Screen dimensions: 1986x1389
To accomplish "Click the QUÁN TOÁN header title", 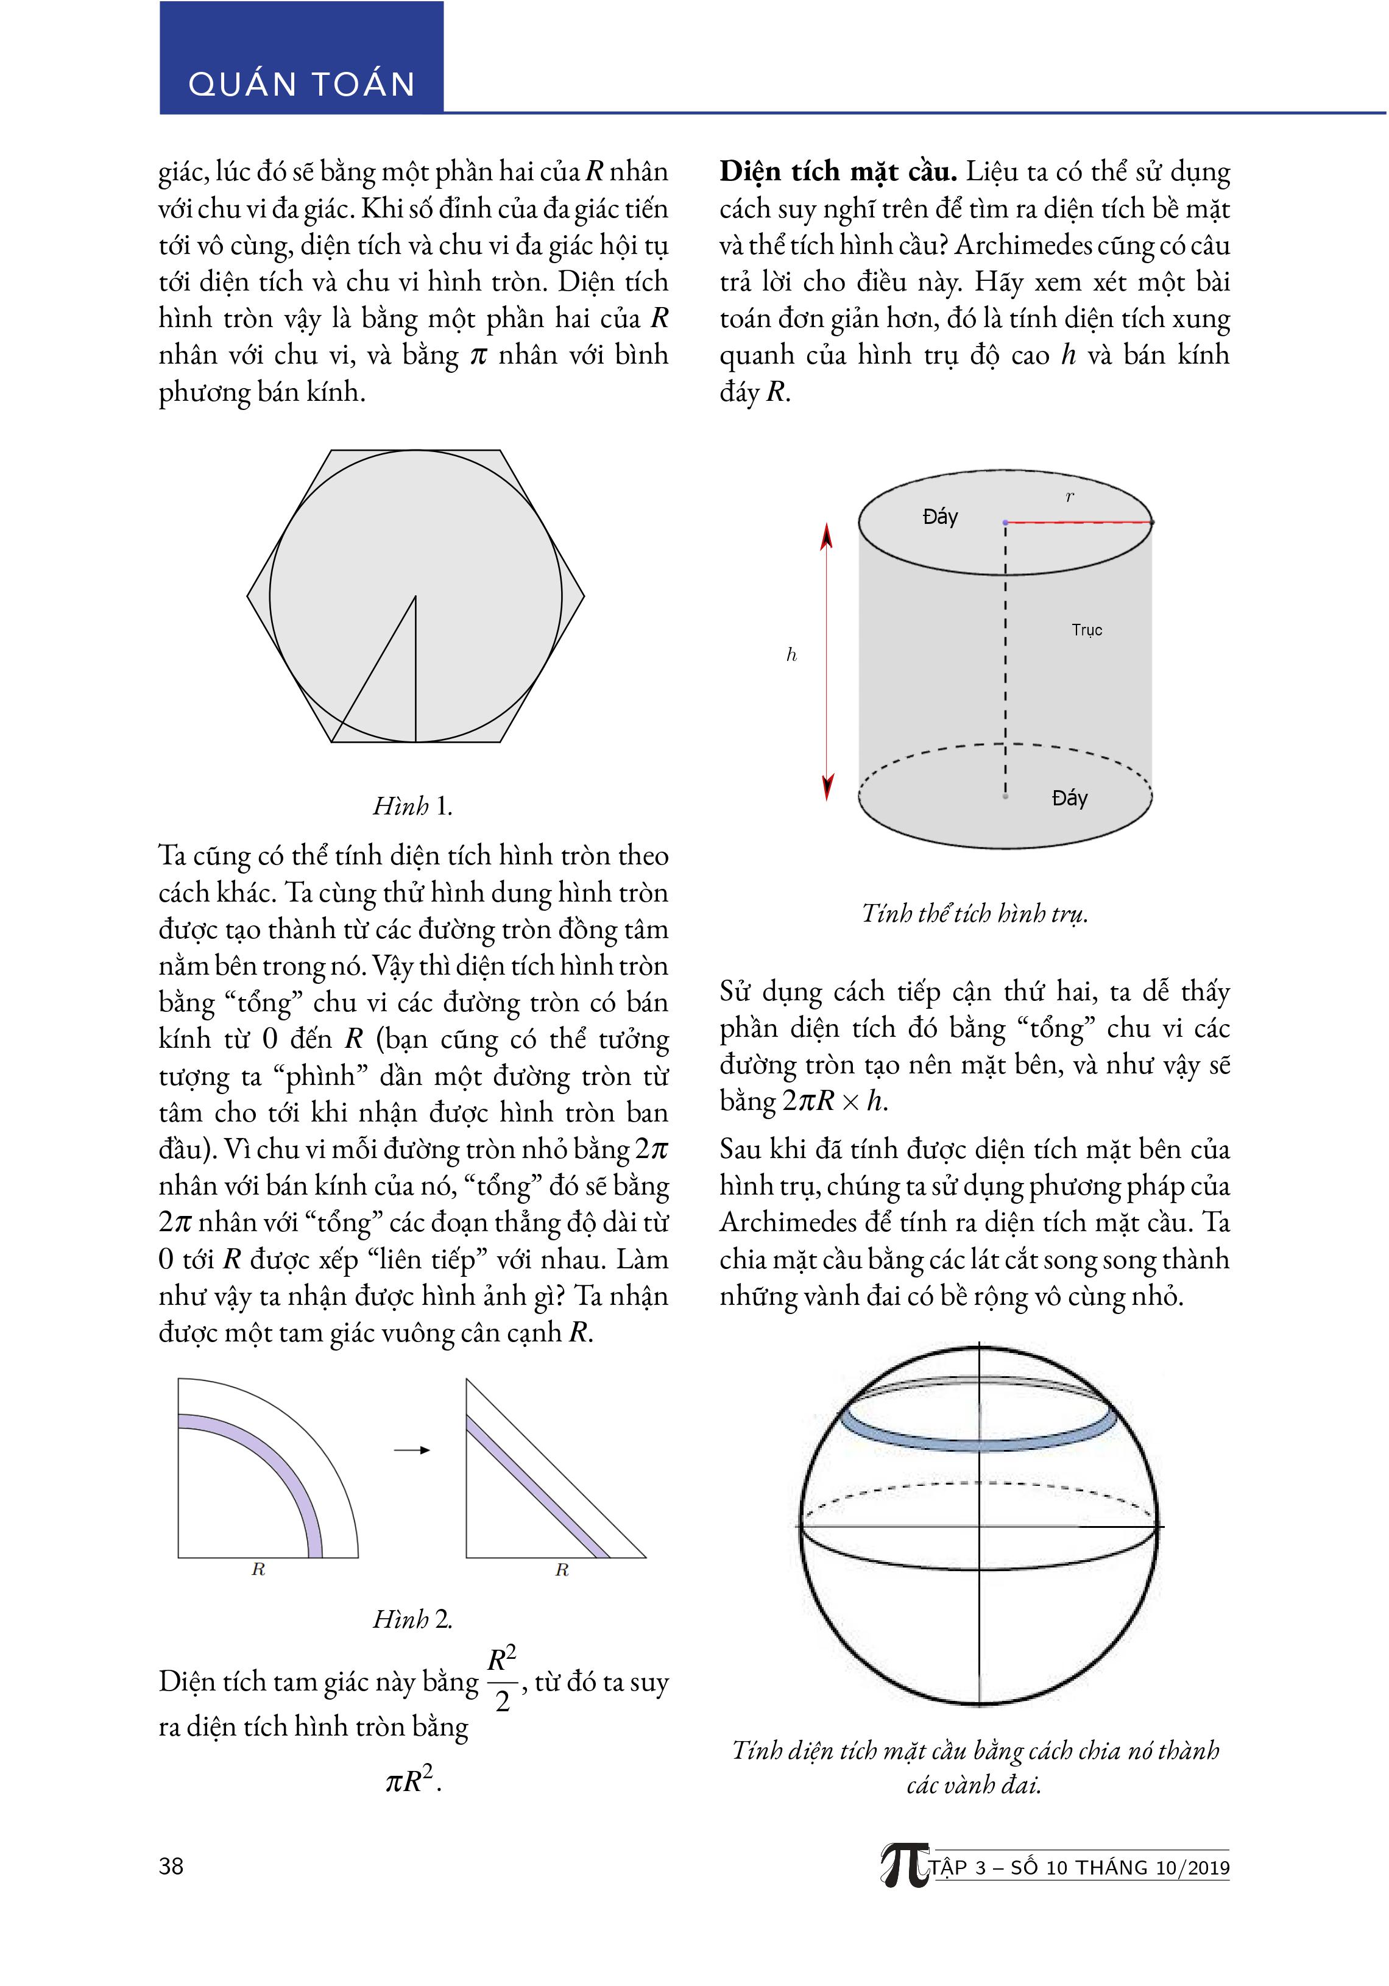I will [x=301, y=84].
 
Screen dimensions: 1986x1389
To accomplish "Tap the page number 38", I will [x=171, y=1866].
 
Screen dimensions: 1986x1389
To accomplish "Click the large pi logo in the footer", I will [x=904, y=1867].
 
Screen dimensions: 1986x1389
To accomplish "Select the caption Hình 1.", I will [x=412, y=806].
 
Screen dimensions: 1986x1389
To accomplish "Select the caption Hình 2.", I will [x=412, y=1619].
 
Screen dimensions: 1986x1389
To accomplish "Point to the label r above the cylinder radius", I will [x=1070, y=497].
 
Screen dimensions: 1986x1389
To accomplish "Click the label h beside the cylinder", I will [x=791, y=655].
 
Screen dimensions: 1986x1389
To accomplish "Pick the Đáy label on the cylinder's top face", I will [x=940, y=517].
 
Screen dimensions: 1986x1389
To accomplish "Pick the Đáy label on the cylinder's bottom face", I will [x=1069, y=799].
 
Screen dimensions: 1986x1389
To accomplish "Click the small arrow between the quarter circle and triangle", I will [x=412, y=1451].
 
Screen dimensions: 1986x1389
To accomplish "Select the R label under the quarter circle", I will [x=258, y=1570].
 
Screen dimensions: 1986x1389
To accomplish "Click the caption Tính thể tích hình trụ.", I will [x=975, y=913].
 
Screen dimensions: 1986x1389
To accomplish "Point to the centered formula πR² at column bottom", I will [x=412, y=1781].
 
